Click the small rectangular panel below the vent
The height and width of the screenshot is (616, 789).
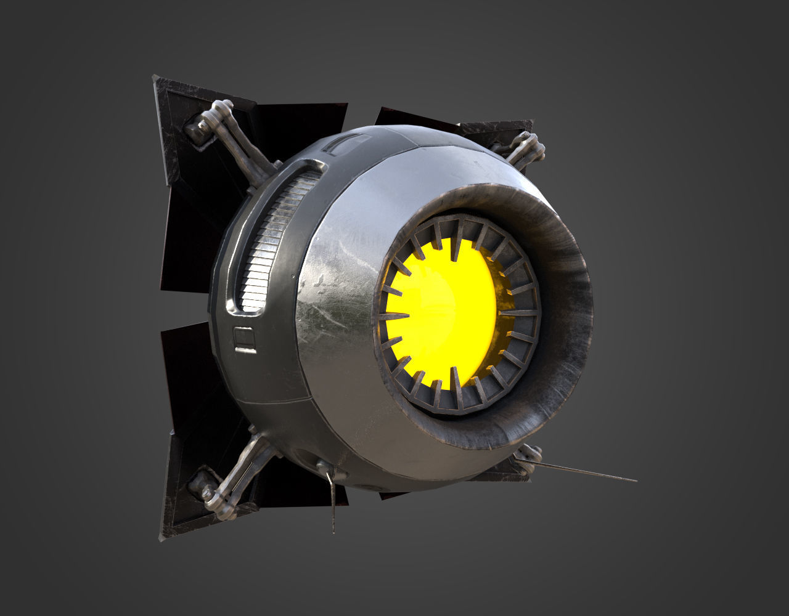point(245,339)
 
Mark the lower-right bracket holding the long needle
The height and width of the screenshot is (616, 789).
point(528,457)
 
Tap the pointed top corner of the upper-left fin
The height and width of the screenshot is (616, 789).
point(155,78)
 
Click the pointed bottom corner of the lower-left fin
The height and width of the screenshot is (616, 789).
point(161,538)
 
